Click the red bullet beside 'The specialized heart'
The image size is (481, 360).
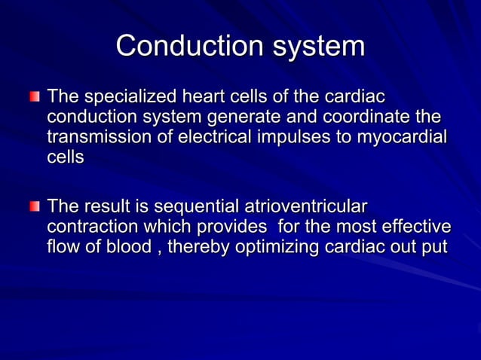point(34,98)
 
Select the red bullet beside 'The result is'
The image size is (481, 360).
point(34,206)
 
